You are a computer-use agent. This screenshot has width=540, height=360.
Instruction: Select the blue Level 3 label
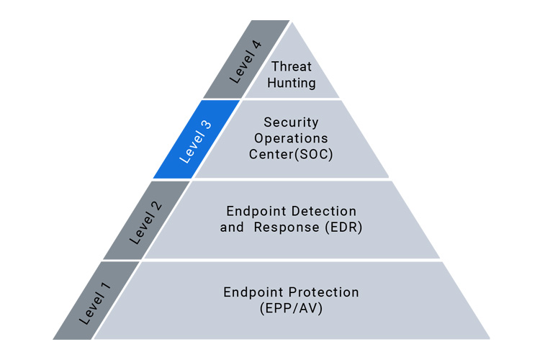pos(194,141)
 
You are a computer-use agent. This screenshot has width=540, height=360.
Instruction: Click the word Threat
pos(291,67)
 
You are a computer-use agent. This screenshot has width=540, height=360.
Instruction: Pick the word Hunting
pos(291,83)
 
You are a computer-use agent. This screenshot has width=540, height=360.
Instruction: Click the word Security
pos(291,122)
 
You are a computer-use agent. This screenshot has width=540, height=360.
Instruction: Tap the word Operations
pos(291,138)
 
